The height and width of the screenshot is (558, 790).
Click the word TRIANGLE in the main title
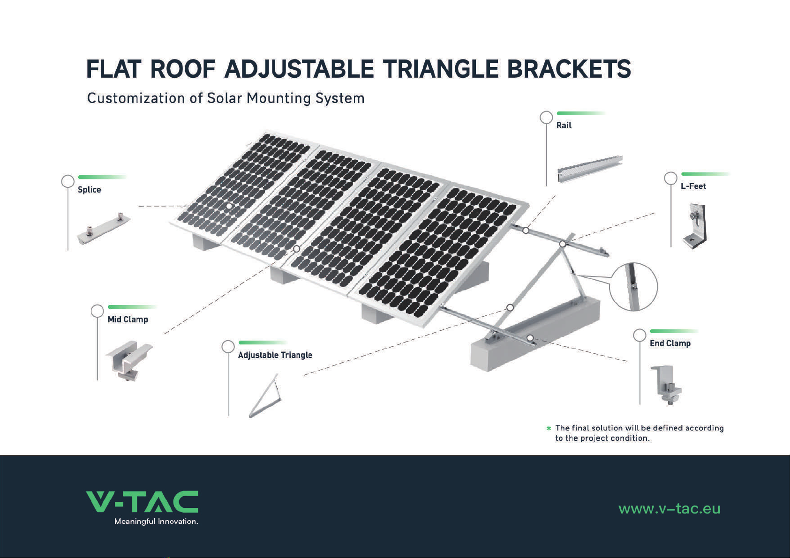(441, 69)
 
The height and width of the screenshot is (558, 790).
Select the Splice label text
(90, 190)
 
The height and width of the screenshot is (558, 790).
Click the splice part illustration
(104, 229)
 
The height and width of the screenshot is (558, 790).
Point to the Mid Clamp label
(128, 320)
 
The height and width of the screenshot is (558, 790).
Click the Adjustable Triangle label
(275, 355)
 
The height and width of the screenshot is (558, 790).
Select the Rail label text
(564, 126)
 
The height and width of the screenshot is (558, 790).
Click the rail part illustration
(590, 169)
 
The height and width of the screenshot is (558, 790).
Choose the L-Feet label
(693, 186)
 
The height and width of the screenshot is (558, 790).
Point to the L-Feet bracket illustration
(695, 226)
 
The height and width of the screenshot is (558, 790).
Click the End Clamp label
(670, 343)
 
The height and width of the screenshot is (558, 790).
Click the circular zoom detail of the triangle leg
(633, 287)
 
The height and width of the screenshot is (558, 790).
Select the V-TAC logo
(142, 502)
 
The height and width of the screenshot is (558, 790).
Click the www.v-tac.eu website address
(669, 509)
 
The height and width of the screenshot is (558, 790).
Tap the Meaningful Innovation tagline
(156, 521)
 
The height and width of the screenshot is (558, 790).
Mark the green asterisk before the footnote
(549, 428)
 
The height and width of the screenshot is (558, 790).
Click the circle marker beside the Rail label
(546, 118)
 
